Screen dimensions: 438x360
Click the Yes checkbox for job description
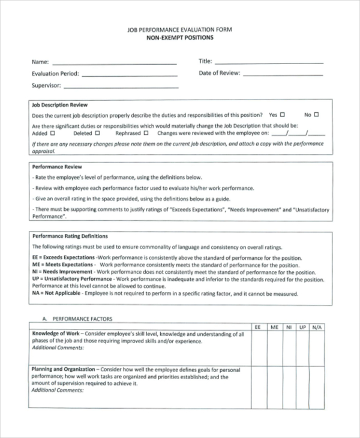283,115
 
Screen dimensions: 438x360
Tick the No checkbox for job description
316,115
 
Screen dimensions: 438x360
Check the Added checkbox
53,134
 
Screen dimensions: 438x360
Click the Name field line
114,62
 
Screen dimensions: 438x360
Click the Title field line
269,62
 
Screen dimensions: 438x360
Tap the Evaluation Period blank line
129,75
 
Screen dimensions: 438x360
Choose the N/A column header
317,327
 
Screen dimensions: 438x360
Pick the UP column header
302,327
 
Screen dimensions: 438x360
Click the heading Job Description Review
59,104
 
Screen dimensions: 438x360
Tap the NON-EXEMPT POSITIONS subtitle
180,37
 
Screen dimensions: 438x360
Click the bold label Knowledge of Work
53,334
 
